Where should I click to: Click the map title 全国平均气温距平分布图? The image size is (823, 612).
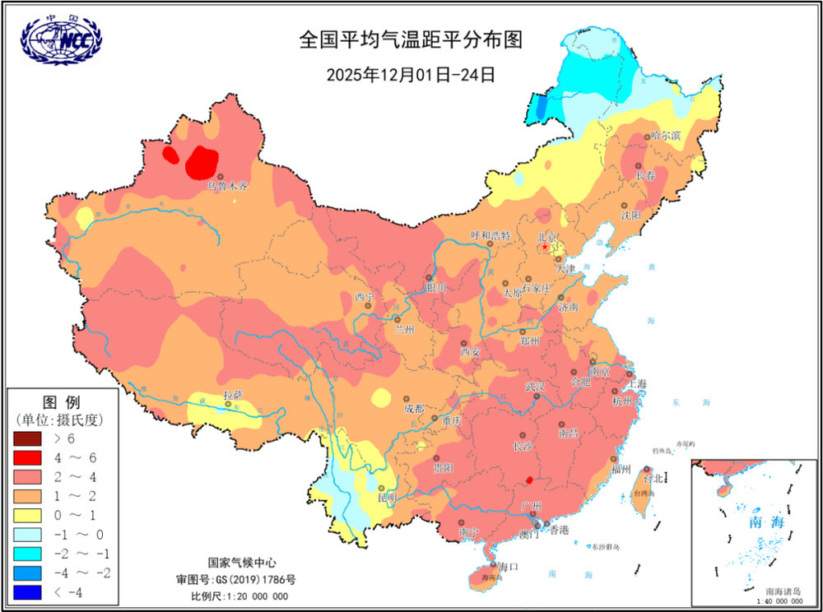click(411, 39)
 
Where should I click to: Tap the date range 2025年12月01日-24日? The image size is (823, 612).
click(411, 74)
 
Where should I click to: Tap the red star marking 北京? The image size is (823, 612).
click(544, 247)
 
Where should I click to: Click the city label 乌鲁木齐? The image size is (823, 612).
click(227, 187)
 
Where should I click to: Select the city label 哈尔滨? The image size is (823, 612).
click(666, 134)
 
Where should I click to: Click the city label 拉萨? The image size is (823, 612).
click(234, 396)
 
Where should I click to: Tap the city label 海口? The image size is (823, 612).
click(509, 567)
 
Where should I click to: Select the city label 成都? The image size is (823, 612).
click(415, 408)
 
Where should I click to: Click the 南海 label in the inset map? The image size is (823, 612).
click(762, 522)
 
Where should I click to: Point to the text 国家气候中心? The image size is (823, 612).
click(241, 563)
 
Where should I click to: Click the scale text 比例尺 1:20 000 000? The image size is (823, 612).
click(239, 596)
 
